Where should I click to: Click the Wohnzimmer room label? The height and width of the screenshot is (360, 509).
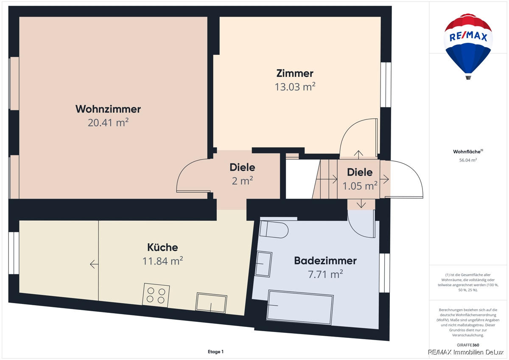108,109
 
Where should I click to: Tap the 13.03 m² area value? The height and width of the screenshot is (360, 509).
295,87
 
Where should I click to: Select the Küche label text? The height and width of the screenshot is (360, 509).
162,247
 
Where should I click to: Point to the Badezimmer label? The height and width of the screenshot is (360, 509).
325,261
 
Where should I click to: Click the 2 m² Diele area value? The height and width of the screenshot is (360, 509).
242,181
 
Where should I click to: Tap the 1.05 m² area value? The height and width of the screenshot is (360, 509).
360,186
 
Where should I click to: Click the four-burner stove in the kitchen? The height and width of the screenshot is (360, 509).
156,295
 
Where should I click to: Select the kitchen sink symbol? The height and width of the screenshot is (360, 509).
211,303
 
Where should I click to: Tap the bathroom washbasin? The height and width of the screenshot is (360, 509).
263,264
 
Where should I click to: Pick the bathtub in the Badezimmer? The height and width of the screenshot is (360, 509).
300,307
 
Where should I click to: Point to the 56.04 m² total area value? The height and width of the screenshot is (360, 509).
468,160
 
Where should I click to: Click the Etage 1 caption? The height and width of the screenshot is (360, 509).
215,352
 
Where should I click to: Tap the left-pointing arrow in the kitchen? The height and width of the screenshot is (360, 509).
94,264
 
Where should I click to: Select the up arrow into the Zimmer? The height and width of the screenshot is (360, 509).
358,155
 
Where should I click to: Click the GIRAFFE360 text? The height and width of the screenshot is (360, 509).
468,345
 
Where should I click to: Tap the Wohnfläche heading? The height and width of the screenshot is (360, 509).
468,152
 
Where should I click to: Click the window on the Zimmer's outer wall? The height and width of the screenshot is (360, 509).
386,84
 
